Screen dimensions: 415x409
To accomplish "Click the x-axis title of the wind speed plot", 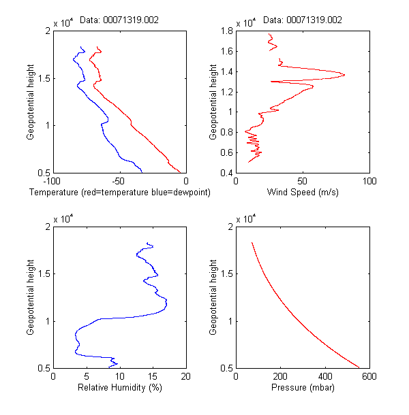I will coord(303,193).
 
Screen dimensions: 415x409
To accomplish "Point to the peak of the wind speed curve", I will coord(345,74).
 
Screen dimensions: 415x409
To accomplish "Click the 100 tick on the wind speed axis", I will coord(369,180).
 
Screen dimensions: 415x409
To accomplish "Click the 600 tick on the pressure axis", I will coord(369,376).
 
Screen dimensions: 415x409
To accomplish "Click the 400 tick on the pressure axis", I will coord(324,376).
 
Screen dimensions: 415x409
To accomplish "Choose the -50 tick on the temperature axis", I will coord(119,180).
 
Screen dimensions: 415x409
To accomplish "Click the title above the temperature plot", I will coord(119,20).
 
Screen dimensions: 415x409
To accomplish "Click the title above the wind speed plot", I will coord(303,20).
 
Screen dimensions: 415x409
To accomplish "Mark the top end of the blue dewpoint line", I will coord(82,47).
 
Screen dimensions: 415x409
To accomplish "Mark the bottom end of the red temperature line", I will coord(181,173).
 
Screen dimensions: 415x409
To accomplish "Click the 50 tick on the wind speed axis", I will coord(303,180).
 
